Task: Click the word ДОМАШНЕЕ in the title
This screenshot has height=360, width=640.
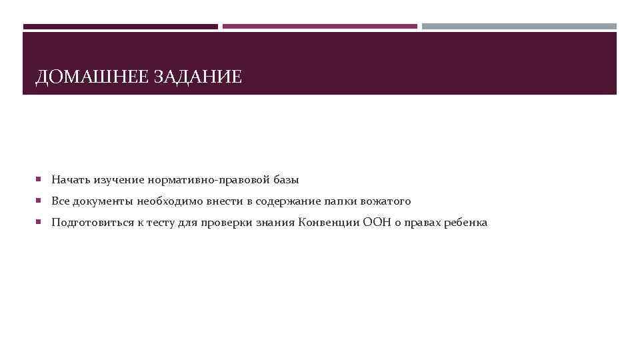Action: click(x=93, y=77)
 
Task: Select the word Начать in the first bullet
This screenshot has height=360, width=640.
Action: click(x=71, y=180)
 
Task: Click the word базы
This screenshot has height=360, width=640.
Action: click(x=285, y=180)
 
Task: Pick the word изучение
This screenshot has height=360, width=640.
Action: click(x=119, y=180)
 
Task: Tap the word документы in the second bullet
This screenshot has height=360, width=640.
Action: click(x=102, y=201)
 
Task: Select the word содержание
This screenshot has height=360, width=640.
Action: click(x=292, y=201)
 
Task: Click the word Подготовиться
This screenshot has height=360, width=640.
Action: click(x=90, y=223)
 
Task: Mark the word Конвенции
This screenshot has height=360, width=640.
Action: click(x=329, y=223)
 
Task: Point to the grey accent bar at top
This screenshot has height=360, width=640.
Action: click(x=519, y=27)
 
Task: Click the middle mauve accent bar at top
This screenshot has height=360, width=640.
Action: click(x=320, y=27)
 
